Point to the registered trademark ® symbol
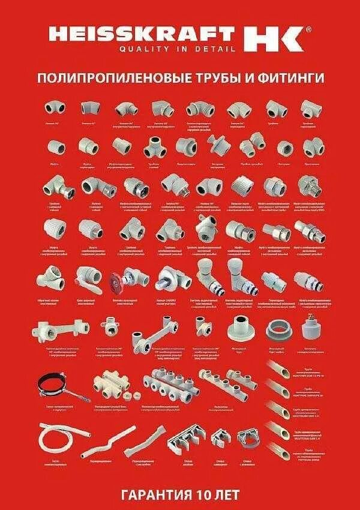308,28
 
